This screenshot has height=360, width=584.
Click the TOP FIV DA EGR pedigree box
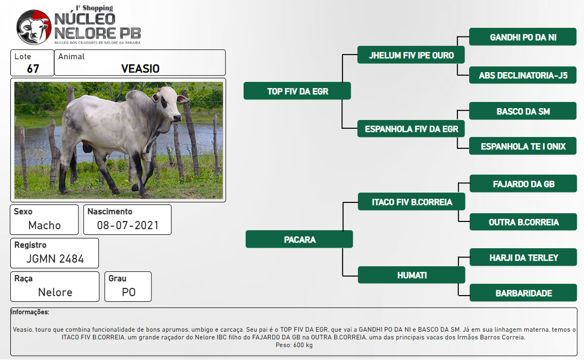coord(297,91)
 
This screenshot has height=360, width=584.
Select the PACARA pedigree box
coord(299,239)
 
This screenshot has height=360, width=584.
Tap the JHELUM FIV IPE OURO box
coord(411,55)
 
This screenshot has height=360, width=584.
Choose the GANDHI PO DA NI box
coord(523,37)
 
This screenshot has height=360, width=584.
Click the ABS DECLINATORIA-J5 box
coord(523,75)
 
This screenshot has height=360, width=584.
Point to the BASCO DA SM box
coord(523,111)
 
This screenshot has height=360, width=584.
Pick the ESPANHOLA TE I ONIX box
coord(523,146)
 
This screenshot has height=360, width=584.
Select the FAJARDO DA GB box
coord(523,183)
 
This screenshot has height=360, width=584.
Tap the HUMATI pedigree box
coord(411,275)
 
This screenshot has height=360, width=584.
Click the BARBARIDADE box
coord(523,293)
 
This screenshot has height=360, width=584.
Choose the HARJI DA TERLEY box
coord(523,257)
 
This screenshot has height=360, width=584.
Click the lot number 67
coord(33,68)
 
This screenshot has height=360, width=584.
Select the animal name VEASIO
coord(141,68)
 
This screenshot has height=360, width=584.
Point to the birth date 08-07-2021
coord(128,225)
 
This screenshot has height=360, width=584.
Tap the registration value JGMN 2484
coord(55,259)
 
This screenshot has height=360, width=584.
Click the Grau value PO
coord(129,292)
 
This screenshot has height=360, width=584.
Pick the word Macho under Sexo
coord(44,225)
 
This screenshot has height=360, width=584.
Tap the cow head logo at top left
coord(34,27)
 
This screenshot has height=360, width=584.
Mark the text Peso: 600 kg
coord(294,345)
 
